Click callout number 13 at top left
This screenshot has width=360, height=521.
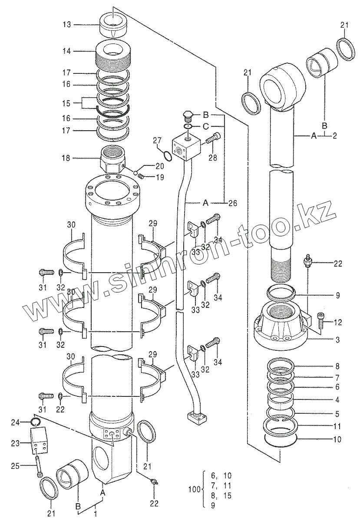click(x=66, y=25)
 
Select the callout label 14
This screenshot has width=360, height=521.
click(x=66, y=51)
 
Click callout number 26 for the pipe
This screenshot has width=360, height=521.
click(x=233, y=203)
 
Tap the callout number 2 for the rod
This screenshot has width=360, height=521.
click(x=335, y=136)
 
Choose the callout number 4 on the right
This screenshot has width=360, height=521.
click(x=337, y=399)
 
